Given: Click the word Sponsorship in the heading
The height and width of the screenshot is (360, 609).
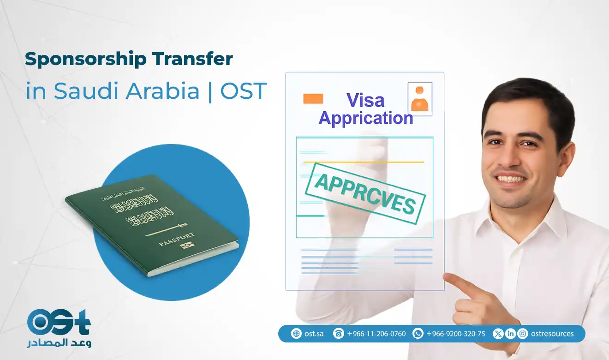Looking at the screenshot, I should pos(78,59).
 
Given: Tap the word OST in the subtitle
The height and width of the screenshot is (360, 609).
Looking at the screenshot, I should pos(244,91).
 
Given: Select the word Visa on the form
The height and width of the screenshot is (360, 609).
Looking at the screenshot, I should pos(365,100).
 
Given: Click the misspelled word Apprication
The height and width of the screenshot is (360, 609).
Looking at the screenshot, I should pos(365,118).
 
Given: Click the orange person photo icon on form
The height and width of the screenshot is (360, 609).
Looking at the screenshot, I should pos(420,98).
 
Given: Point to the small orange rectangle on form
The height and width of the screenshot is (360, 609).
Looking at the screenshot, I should pos(313,99).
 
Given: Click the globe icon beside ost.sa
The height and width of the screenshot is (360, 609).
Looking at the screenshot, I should pos(296,334).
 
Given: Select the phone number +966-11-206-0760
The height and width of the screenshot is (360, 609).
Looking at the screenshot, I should pos(376,334).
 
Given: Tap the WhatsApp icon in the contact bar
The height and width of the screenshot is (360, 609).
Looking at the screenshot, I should pos(418,334).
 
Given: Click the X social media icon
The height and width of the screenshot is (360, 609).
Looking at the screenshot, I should pos(498,334).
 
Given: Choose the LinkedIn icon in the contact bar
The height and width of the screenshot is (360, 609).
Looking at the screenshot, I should pos(510,334).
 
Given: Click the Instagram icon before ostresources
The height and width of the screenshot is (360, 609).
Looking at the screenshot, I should pos(523,334).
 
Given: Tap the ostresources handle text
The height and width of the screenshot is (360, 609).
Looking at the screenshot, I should pos(552,334).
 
